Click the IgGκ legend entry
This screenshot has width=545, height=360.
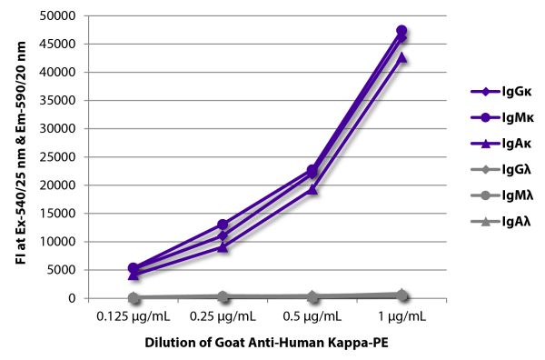[x=500, y=92]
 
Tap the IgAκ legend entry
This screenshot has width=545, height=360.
[x=500, y=144]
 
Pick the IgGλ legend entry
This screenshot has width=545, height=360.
[x=500, y=170]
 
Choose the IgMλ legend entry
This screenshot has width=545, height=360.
[x=502, y=195]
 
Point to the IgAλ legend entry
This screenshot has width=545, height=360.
[x=500, y=221]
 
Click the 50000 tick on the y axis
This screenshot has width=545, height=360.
[x=57, y=16]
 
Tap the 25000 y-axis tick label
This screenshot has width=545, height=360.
[x=57, y=157]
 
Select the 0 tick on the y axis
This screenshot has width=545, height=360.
[x=72, y=298]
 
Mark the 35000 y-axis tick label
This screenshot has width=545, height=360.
[x=57, y=101]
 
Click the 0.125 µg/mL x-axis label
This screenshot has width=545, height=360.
[x=134, y=316]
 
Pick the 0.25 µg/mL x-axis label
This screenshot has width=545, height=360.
[x=223, y=316]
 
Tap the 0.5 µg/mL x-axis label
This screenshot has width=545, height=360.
[x=312, y=316]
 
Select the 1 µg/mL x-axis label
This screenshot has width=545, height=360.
[x=401, y=316]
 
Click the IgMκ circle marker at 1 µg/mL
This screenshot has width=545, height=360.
[x=401, y=30]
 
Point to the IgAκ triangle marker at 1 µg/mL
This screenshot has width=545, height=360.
[x=401, y=57]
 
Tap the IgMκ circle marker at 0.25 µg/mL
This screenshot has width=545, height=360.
[x=223, y=225]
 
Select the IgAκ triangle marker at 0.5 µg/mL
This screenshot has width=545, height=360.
[x=312, y=190]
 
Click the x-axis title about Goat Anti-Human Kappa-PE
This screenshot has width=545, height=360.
[x=266, y=343]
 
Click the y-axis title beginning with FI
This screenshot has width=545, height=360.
[x=21, y=153]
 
